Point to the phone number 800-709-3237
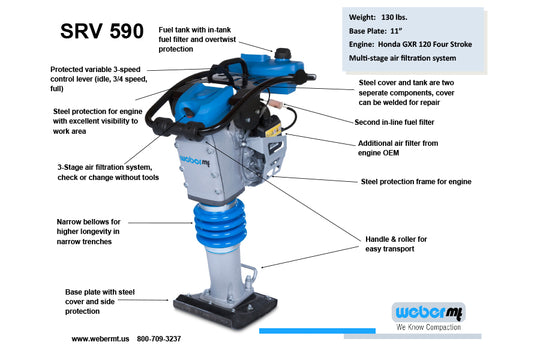tap(187, 339)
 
